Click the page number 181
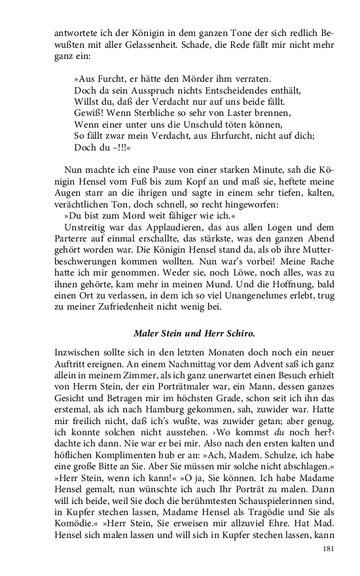point(330,549)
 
